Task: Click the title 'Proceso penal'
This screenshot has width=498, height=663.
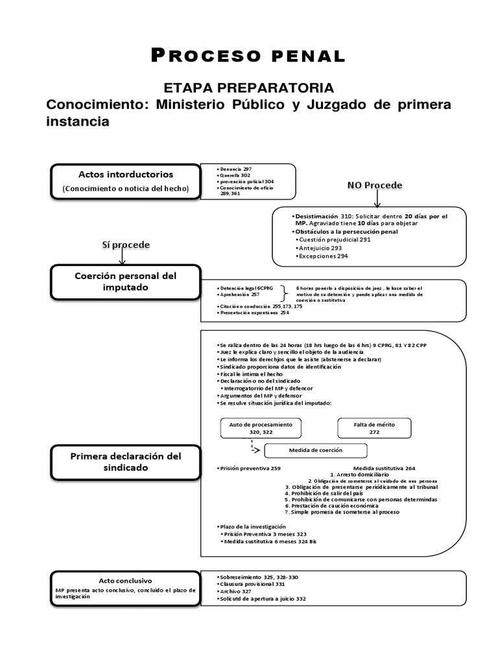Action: click(248, 56)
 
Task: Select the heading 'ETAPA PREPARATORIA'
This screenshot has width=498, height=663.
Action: click(248, 88)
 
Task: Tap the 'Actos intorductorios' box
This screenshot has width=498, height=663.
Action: click(126, 181)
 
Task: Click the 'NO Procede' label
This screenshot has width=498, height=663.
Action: click(375, 185)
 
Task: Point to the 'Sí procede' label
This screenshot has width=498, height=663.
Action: click(126, 245)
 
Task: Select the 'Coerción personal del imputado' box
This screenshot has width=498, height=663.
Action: click(126, 282)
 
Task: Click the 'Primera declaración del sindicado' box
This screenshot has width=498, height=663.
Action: click(126, 462)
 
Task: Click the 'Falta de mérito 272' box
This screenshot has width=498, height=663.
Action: click(373, 428)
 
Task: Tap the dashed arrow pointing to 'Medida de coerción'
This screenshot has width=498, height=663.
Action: click(254, 447)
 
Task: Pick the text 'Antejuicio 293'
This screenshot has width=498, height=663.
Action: click(321, 248)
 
